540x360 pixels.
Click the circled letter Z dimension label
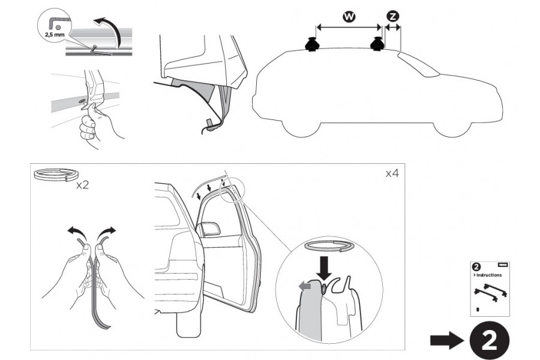[392, 17]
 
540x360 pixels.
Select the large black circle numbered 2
[490, 341]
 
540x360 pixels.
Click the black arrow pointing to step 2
[446, 341]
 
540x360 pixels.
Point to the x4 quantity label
[392, 173]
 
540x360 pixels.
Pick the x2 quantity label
[83, 185]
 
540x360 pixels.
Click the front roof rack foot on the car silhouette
[379, 44]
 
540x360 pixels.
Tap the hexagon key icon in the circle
[54, 23]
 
